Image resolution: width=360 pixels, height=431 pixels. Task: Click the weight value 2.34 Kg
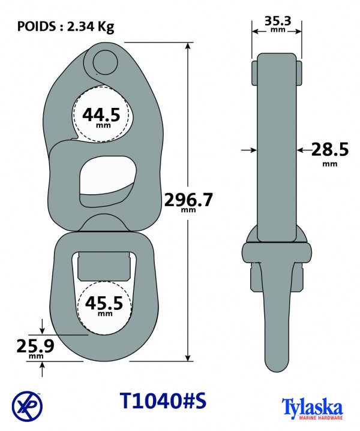point(91,27)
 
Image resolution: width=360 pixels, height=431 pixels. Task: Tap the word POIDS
point(37,26)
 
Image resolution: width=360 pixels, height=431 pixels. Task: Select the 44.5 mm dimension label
point(101,117)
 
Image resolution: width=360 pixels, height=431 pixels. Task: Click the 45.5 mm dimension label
point(104,306)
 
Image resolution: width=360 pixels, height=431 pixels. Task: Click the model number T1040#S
point(163,400)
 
